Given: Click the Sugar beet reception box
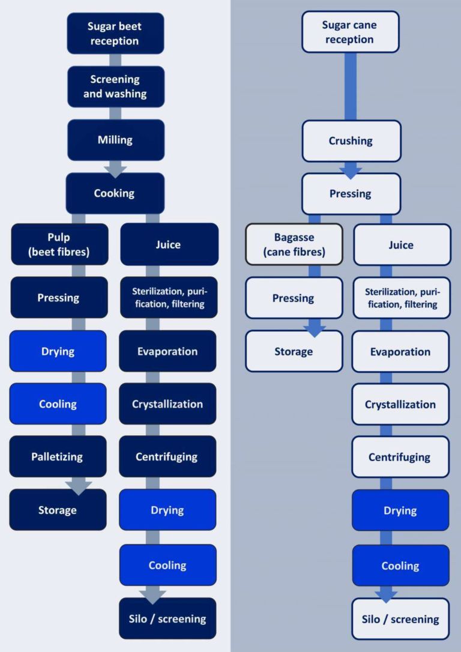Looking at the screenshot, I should (115, 34).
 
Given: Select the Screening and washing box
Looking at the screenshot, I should (115, 86).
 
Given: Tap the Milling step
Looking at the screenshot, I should (115, 140).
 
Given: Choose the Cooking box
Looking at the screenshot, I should (115, 193).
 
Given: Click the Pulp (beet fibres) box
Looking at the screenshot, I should (59, 245).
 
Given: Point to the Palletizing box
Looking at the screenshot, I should (58, 457).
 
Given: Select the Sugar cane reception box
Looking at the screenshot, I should (351, 32).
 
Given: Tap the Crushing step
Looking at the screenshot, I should (351, 141).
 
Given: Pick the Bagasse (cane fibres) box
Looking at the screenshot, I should (294, 245).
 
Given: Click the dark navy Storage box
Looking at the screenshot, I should (58, 510).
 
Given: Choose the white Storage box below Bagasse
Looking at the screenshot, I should (294, 351).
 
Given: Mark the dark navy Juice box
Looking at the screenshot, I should (169, 244).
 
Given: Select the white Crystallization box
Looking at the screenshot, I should (400, 404).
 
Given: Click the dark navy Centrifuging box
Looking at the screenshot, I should (167, 457).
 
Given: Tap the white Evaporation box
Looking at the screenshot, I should (400, 352).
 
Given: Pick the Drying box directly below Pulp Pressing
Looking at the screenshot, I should (58, 351).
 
